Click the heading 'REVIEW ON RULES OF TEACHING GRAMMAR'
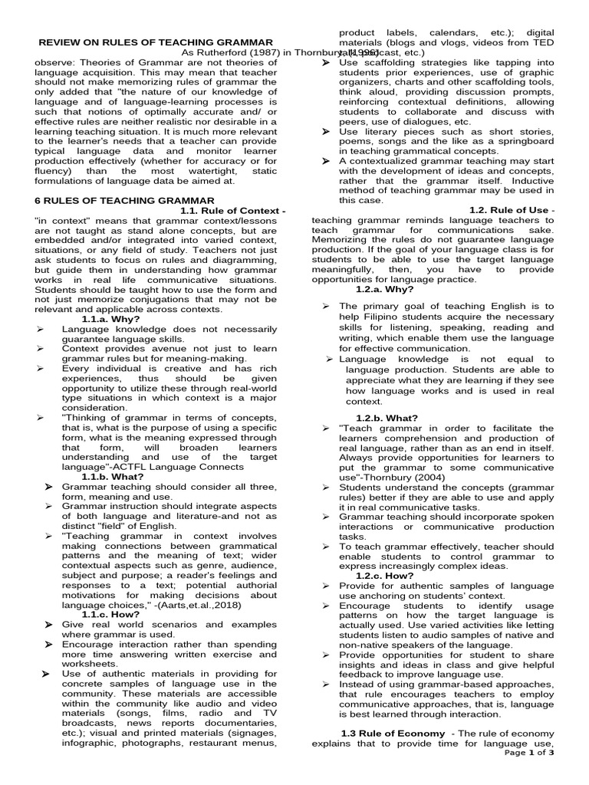coord(156,41)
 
